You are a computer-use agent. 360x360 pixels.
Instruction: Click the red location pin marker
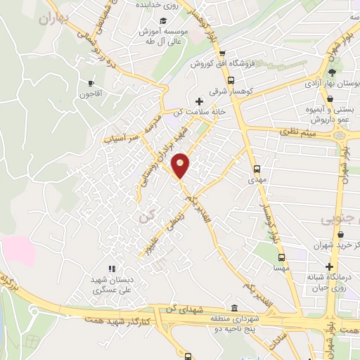(x=181, y=165)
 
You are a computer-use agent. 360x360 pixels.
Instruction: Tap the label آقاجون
(x=91, y=94)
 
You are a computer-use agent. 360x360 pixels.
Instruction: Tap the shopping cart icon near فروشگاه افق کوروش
(x=221, y=53)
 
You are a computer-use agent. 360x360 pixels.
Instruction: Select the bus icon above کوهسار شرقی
(x=231, y=79)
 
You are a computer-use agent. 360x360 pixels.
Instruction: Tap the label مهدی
(x=255, y=180)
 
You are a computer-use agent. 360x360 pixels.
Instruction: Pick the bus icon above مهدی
(x=257, y=169)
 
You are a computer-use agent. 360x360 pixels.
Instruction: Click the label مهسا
(x=281, y=269)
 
